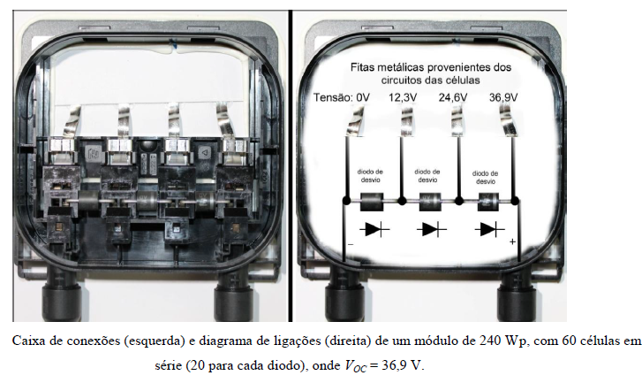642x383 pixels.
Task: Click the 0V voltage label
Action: point(363,97)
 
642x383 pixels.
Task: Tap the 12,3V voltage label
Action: point(403,97)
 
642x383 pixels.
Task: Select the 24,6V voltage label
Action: point(453,97)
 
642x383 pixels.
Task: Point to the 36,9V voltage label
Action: point(503,97)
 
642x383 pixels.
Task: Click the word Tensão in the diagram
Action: point(332,97)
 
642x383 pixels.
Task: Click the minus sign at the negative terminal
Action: point(351,244)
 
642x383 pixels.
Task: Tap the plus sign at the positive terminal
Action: point(512,241)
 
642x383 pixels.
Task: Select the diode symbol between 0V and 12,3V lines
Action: point(374,229)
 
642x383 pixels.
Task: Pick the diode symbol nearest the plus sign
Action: point(490,229)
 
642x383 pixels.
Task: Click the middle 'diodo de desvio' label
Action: point(427,175)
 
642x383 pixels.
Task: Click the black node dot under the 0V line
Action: point(346,201)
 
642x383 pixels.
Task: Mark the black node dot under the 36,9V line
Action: point(515,201)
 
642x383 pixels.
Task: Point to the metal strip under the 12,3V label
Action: point(407,120)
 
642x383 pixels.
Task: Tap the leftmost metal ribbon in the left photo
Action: point(72,120)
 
